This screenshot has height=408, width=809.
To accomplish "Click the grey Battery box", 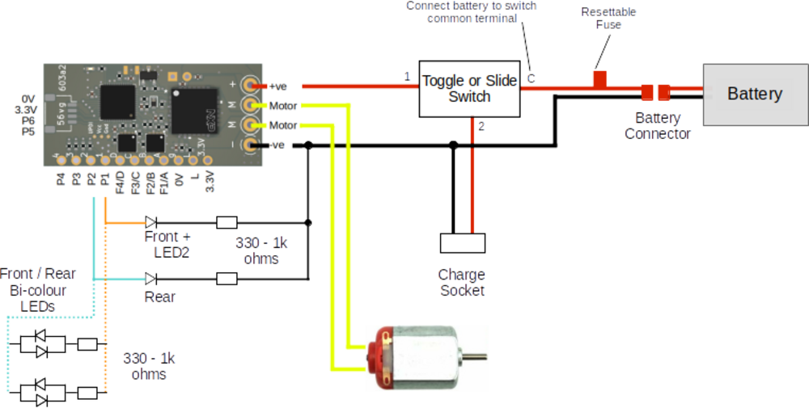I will pyautogui.click(x=754, y=94).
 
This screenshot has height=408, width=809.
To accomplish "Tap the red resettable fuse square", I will pyautogui.click(x=599, y=79).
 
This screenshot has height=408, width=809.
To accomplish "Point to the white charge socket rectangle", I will pyautogui.click(x=463, y=242).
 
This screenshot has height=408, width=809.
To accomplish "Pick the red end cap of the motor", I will pyautogui.click(x=375, y=357).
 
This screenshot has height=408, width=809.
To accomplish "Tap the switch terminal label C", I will pyautogui.click(x=531, y=78).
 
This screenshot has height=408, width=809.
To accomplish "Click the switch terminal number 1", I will pyautogui.click(x=408, y=77).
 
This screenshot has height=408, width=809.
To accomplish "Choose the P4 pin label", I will pyautogui.click(x=61, y=179).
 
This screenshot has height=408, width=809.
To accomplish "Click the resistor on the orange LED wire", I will pyautogui.click(x=227, y=221).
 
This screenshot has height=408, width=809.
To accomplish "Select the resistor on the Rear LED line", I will pyautogui.click(x=227, y=278).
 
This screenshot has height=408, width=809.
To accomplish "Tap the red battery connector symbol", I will pyautogui.click(x=654, y=92).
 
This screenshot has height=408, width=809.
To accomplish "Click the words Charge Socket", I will pyautogui.click(x=463, y=283).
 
